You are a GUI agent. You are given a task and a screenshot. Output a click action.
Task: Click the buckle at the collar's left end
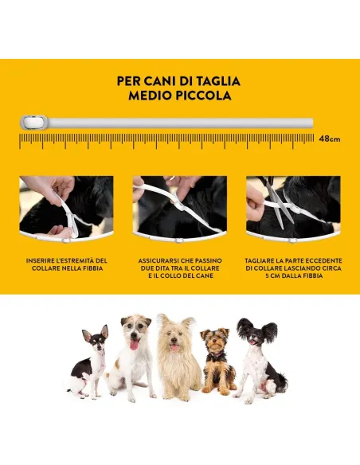pos(32,123)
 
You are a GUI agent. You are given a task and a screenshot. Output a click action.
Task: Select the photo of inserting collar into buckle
pos(67,207)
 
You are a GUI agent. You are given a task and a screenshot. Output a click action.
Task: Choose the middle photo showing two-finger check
pos(179,207)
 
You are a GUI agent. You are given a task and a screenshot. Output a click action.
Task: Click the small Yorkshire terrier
pos(217,362)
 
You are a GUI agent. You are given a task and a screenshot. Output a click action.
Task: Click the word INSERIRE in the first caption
pos(43,260)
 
